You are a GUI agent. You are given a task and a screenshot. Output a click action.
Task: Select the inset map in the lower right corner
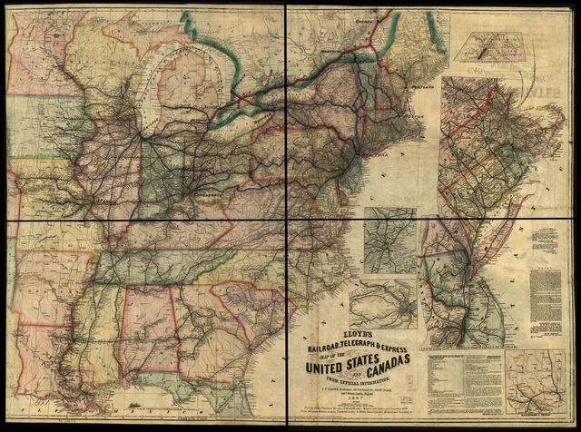[x=539, y=385]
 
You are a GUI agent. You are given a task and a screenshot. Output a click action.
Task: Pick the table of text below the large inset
[x=464, y=382]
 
